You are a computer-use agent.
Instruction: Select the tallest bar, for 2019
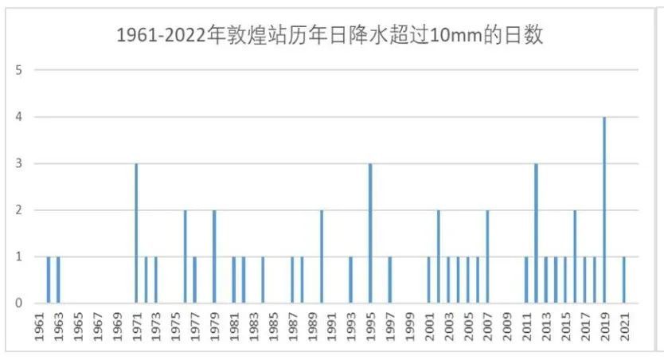(x=604, y=210)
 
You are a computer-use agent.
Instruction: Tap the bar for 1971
(x=136, y=233)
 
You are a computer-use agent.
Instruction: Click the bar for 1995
(x=370, y=233)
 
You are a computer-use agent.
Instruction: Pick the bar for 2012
(x=536, y=233)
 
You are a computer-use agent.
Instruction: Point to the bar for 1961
(x=49, y=280)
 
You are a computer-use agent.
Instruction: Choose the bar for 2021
(x=624, y=280)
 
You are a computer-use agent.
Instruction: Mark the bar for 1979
(x=214, y=256)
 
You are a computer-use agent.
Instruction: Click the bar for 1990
(x=322, y=256)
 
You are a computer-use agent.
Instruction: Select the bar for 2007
(x=487, y=256)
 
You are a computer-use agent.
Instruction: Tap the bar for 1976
(x=185, y=256)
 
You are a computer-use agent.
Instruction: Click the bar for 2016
(x=575, y=256)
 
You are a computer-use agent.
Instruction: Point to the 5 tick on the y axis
(x=18, y=70)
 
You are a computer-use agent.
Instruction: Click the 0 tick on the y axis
(x=18, y=303)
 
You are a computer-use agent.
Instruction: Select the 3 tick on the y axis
(x=18, y=164)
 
